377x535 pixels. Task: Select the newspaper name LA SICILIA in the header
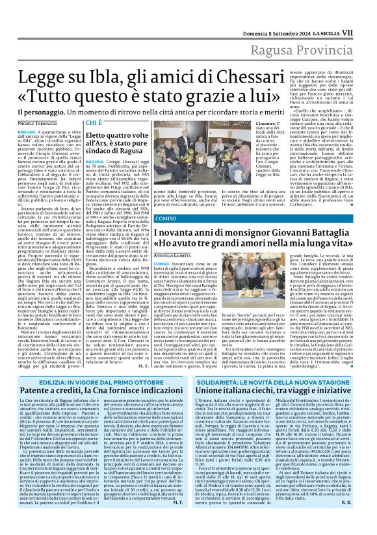(x=337, y=12)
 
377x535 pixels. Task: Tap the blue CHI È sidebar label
(x=94, y=122)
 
